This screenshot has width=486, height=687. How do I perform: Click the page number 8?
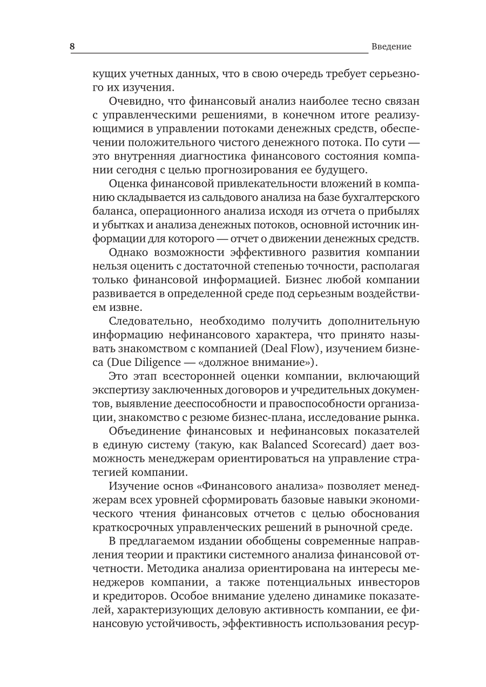pyautogui.click(x=72, y=46)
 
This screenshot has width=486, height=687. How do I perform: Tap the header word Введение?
pyautogui.click(x=391, y=46)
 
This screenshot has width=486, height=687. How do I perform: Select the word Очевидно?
pyautogui.click(x=132, y=100)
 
